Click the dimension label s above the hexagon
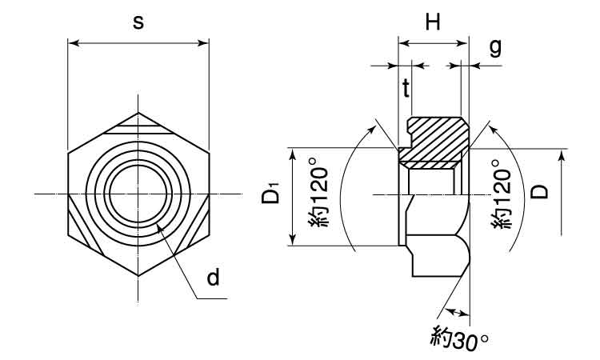point(138,23)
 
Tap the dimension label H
point(433,22)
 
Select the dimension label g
point(495,48)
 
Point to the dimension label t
point(406,89)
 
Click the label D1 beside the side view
point(271,193)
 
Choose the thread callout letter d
point(213,278)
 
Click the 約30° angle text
point(459,337)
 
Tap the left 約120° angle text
point(319,197)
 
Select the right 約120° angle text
point(502,194)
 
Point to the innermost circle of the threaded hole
point(138,194)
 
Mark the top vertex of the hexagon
point(138,113)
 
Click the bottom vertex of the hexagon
point(138,275)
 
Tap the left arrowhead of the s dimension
point(73,43)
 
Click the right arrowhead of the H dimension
point(463,43)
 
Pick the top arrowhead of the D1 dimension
point(292,154)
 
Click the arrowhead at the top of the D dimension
point(561,156)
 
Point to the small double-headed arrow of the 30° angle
point(458,312)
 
